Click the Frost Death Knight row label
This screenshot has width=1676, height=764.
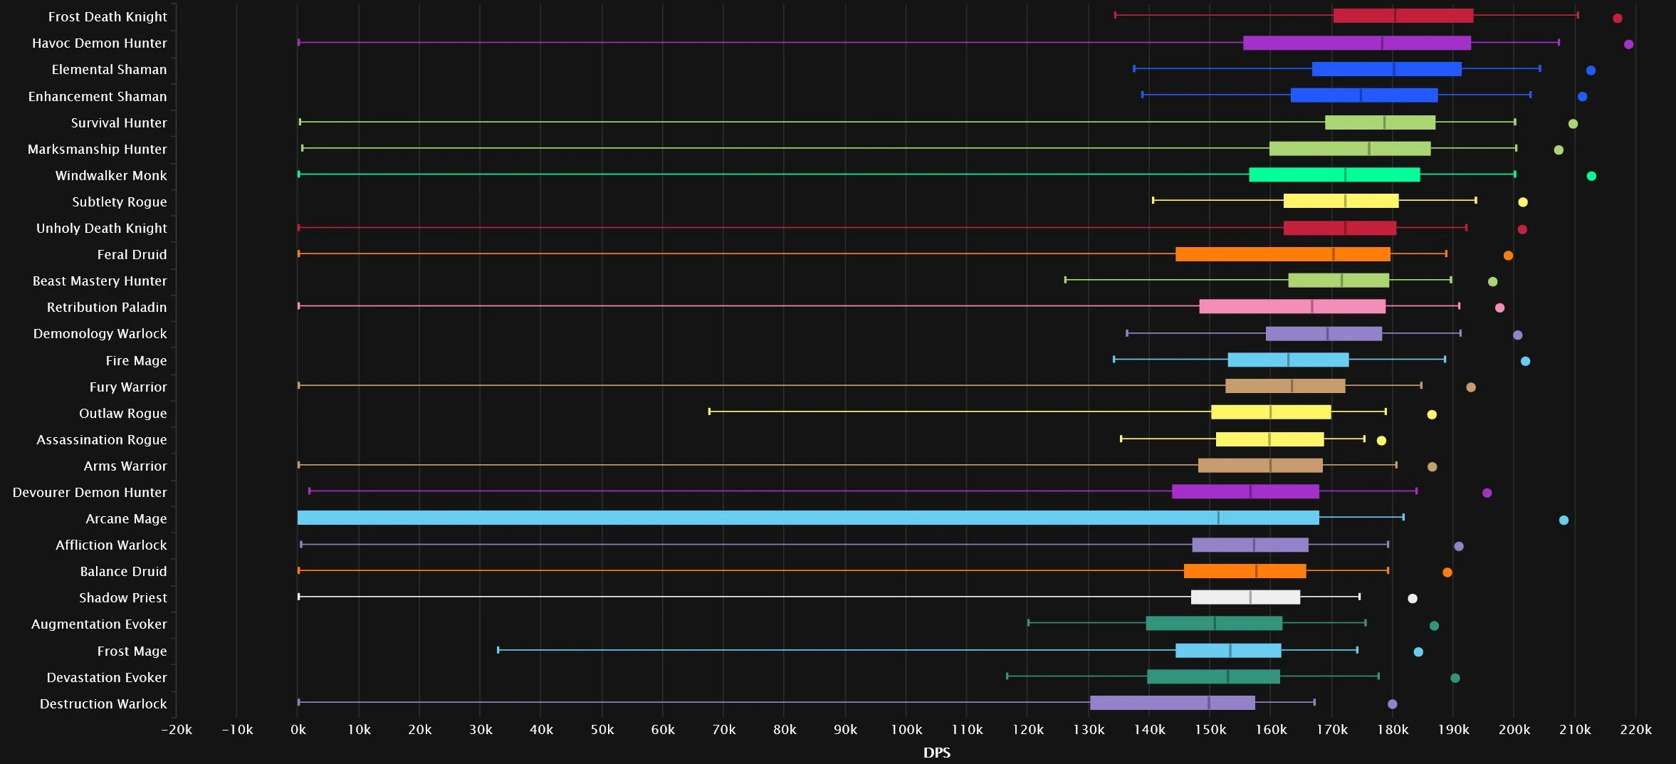click(108, 16)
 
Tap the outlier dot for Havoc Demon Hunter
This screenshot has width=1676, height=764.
click(1628, 44)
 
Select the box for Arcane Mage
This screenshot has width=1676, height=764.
click(808, 518)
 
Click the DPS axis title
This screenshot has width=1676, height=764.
click(937, 753)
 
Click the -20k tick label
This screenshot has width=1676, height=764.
click(177, 730)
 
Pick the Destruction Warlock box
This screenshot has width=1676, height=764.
click(1173, 703)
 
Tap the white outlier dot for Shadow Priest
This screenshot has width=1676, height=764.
click(1413, 598)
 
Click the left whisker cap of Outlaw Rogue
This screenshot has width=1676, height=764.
click(709, 412)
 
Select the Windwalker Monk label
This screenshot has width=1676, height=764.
click(111, 175)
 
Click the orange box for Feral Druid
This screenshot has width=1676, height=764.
click(1283, 254)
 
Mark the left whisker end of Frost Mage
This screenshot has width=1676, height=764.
click(498, 649)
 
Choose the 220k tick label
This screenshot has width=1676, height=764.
click(1635, 730)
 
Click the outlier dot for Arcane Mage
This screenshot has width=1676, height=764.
click(1564, 520)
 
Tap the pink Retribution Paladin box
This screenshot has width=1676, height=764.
click(1292, 306)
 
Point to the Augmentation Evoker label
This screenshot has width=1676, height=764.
click(99, 624)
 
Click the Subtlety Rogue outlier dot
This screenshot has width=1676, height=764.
click(1523, 202)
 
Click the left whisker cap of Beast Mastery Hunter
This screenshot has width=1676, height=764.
click(1065, 280)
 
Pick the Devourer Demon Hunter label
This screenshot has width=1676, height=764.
click(90, 492)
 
